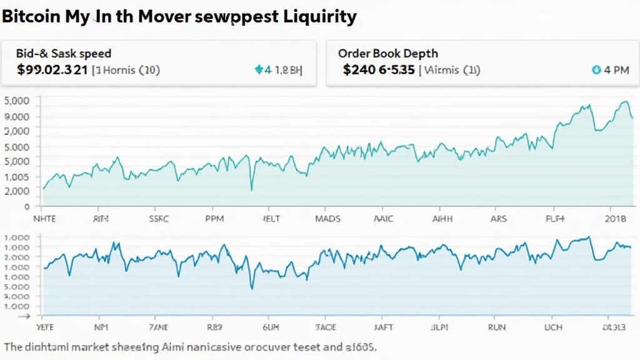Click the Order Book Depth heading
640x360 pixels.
pos(387,54)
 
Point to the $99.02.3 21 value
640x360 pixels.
pos(52,70)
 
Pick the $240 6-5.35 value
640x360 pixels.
pos(379,70)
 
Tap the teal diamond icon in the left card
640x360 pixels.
pos(259,70)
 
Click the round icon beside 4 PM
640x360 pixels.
pos(596,71)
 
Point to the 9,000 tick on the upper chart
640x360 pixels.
pos(17,116)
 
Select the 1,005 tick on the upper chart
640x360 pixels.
pos(17,177)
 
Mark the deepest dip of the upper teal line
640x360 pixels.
pos(252,189)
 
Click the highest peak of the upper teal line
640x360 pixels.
pos(625,101)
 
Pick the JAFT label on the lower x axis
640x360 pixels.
pos(382,326)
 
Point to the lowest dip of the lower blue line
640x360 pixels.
pos(252,288)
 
